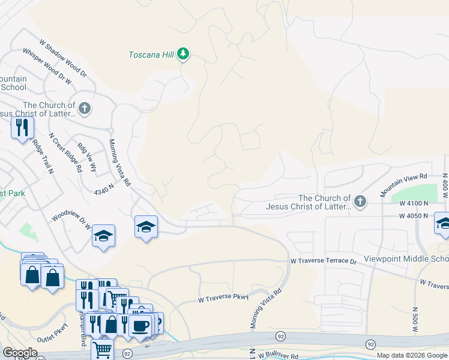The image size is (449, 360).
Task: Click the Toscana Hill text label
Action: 151,55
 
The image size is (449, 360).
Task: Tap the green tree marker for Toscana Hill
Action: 184,55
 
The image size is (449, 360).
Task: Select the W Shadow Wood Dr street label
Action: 63,59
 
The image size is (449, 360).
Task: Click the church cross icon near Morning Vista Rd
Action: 85,109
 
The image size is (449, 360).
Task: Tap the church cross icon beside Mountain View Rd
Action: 360,202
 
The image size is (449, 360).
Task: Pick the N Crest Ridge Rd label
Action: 65,152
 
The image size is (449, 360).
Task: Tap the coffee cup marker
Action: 140,326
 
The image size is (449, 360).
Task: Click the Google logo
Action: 20,353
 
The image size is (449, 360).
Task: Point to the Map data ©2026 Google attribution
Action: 412,355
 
